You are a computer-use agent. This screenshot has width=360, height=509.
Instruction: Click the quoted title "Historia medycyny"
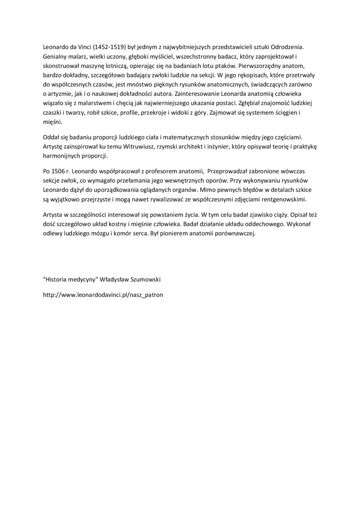pyautogui.click(x=72, y=279)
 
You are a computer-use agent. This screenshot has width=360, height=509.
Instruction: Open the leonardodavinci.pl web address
pyautogui.click(x=103, y=295)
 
